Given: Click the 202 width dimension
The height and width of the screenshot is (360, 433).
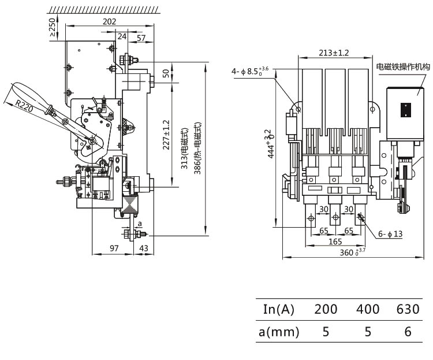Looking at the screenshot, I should click(109, 21).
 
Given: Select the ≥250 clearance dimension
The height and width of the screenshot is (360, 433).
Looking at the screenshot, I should click(53, 27).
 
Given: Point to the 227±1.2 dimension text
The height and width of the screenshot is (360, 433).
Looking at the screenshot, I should click(166, 134).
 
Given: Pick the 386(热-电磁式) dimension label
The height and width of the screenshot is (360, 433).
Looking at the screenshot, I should click(198, 149).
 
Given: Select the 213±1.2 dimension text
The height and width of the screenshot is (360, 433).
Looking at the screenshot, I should click(334, 53).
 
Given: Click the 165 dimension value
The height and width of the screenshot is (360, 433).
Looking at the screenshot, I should click(334, 241).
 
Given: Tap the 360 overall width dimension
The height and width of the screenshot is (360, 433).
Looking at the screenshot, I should click(352, 252).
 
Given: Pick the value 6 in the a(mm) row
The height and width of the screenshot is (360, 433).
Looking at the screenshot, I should click(408, 332).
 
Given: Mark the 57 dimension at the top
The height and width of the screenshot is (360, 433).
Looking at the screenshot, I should click(140, 38).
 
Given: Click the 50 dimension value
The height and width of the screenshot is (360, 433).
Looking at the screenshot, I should click(166, 73).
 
